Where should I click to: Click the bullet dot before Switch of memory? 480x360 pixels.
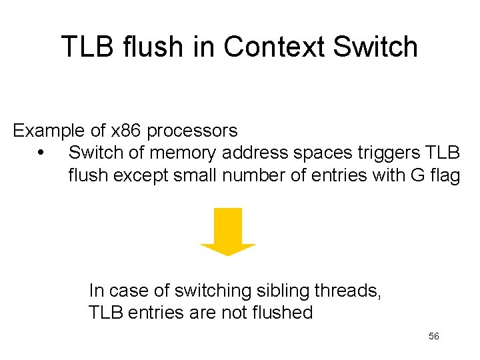pos(41,153)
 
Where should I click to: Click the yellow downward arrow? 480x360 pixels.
pos(228,231)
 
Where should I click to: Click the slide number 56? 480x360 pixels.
pos(433,337)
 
